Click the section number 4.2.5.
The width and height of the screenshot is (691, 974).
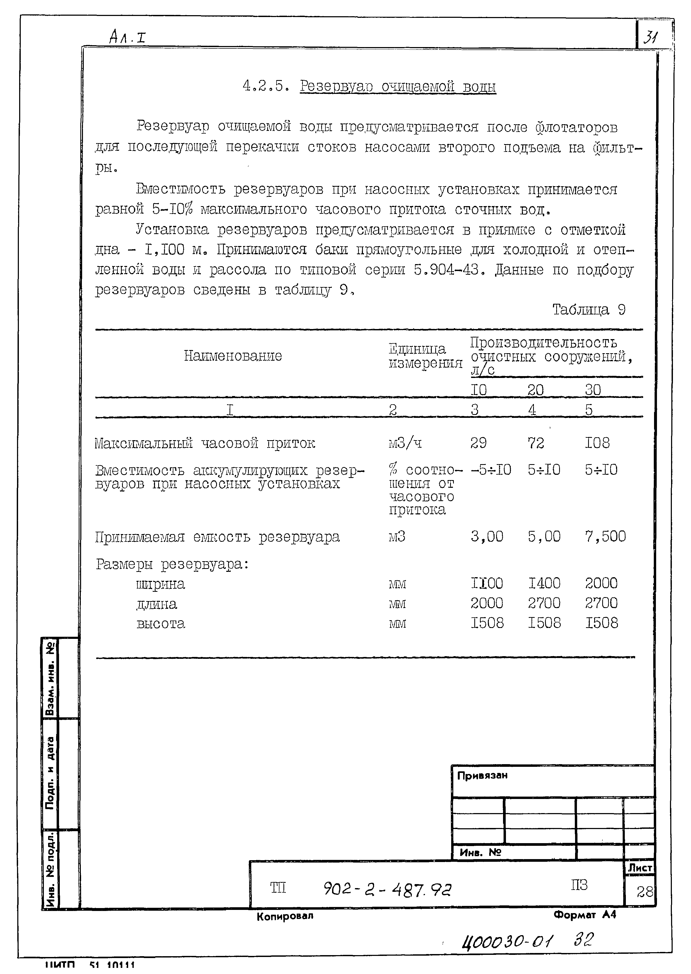click(266, 86)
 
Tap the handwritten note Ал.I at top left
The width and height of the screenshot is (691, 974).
click(127, 37)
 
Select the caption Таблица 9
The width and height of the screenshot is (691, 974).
click(589, 310)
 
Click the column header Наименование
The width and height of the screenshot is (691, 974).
click(233, 356)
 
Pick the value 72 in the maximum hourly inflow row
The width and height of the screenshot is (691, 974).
click(536, 443)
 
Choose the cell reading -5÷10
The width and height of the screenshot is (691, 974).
click(491, 470)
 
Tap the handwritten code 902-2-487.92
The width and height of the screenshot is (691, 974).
click(387, 889)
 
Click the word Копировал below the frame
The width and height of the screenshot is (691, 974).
click(285, 916)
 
